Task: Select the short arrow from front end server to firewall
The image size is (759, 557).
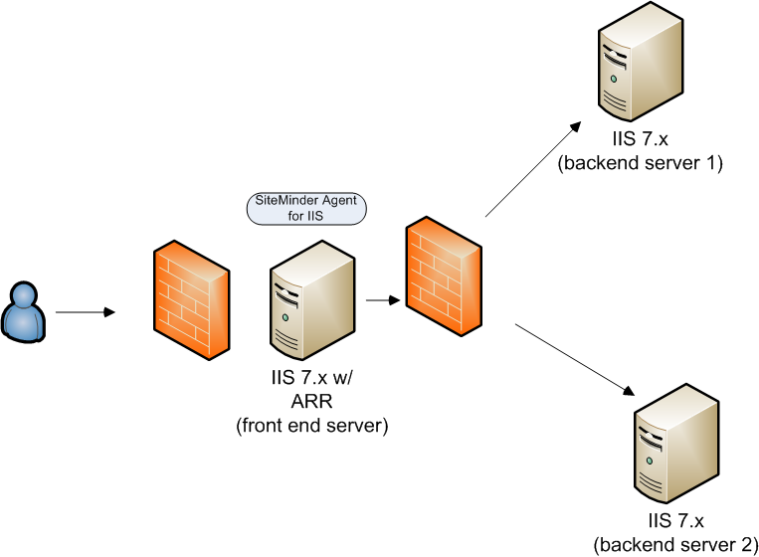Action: [x=380, y=297]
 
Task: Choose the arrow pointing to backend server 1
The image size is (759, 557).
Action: [x=533, y=168]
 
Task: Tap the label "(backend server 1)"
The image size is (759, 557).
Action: [x=640, y=162]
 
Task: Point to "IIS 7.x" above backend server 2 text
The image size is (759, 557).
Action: [x=675, y=521]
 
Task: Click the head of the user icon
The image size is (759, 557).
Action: [x=22, y=294]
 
